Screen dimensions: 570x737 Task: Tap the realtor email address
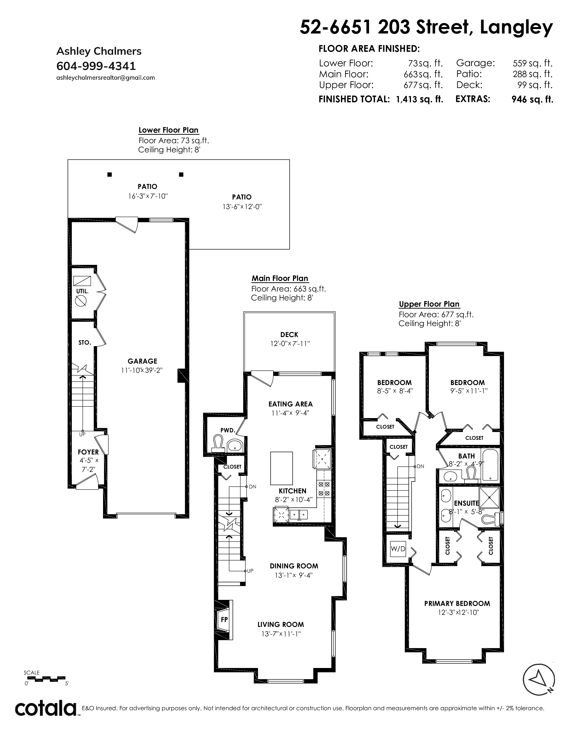pyautogui.click(x=105, y=78)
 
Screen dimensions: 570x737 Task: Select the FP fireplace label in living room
pyautogui.click(x=224, y=619)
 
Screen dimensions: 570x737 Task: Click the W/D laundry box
pyautogui.click(x=398, y=549)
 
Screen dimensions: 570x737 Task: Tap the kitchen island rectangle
pyautogui.click(x=281, y=468)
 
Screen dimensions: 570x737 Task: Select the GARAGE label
pyautogui.click(x=142, y=361)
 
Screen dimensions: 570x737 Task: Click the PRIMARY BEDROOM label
pyautogui.click(x=457, y=603)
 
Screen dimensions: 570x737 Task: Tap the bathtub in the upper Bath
pyautogui.click(x=490, y=465)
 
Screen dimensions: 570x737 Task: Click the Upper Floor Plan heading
pyautogui.click(x=429, y=304)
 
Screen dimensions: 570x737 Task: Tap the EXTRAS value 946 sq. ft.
pyautogui.click(x=532, y=99)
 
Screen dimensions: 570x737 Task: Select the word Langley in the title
pyautogui.click(x=516, y=28)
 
